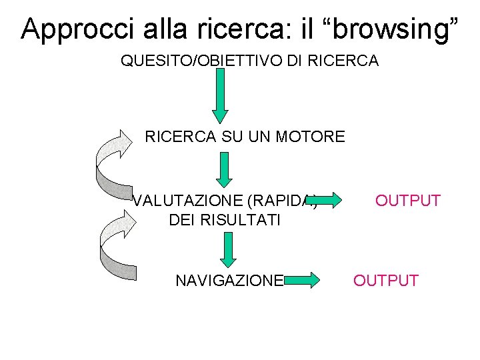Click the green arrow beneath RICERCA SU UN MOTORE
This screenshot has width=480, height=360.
(225, 170)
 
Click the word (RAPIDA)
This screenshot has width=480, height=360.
(281, 201)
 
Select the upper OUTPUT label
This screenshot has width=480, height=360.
(407, 201)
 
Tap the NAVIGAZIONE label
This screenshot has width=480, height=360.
(229, 281)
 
